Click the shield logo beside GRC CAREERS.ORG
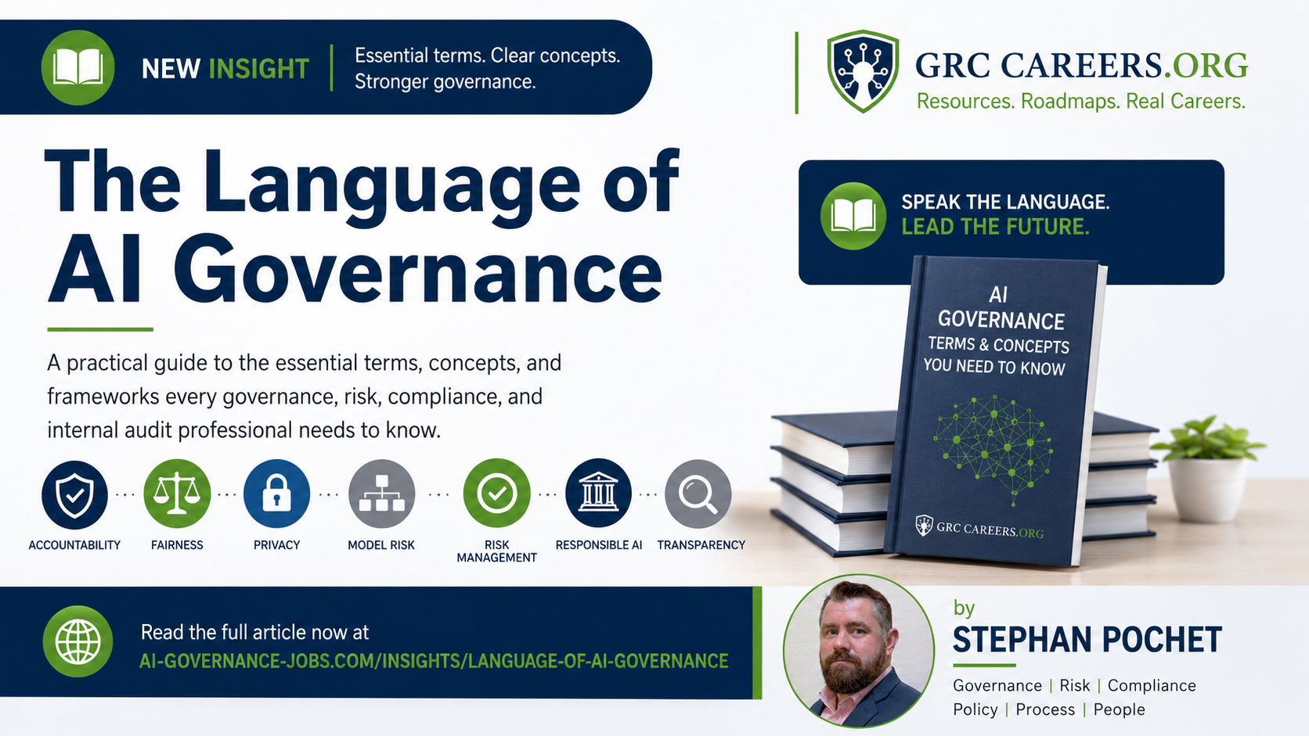click(863, 70)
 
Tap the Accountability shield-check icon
click(75, 494)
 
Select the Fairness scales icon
click(177, 494)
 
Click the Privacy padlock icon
click(276, 494)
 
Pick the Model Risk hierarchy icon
click(381, 494)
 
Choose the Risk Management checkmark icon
click(496, 494)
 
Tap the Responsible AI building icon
click(598, 494)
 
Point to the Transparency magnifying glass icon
click(698, 494)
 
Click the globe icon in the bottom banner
click(78, 641)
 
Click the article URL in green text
click(434, 661)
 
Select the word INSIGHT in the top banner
click(259, 69)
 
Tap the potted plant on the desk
click(1207, 468)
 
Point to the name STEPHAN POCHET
click(1087, 639)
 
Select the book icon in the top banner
click(78, 68)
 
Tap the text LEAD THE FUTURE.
click(995, 227)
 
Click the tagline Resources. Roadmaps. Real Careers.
click(1081, 101)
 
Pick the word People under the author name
click(1119, 709)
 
